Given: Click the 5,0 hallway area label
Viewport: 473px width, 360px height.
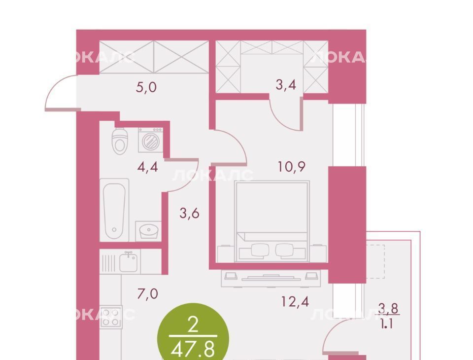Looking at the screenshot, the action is coord(146,87).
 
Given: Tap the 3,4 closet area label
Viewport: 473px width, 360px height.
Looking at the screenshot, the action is coord(286,85).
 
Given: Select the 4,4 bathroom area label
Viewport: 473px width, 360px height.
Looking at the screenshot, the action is coord(147,167).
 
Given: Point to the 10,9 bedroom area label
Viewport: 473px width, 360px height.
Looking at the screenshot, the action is coord(292,166).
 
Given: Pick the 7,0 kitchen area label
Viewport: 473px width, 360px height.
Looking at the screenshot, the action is coord(147,293).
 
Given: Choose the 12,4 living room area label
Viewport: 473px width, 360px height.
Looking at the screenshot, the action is coord(295,301).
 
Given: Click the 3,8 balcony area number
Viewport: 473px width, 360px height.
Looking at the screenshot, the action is coord(388,309).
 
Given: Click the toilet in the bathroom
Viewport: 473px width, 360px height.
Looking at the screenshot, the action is coord(120,141).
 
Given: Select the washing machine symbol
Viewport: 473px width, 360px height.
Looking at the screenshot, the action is coord(151,140).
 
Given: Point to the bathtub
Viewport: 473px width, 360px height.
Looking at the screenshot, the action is coord(114,210).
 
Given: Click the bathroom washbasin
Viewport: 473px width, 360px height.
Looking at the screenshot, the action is coord(148,231).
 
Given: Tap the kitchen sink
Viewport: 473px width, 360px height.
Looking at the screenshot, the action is coord(129,262).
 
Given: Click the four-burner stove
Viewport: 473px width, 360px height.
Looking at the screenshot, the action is coord(110,317).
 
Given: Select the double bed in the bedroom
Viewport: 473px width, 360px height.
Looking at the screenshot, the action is coord(272,221).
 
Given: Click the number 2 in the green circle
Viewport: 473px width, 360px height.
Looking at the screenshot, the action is coord(193,325).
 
